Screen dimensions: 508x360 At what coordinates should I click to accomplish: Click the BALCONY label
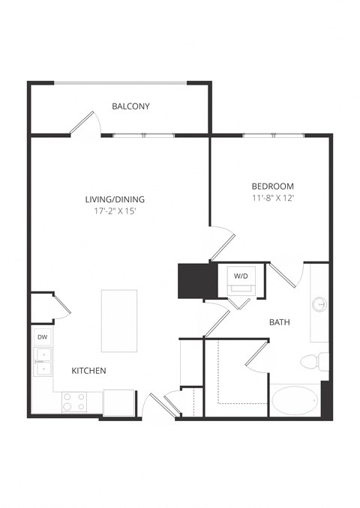pos(130,106)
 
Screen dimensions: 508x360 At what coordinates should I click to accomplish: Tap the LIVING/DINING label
pos(114,199)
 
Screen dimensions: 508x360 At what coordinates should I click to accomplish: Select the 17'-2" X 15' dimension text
pos(114,211)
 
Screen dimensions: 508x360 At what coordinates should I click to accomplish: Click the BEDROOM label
pos(272,186)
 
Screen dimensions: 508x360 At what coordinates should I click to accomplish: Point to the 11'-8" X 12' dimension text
pos(272,198)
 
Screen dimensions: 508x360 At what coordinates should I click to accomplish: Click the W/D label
pos(241,276)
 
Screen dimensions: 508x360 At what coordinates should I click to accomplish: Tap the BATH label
pos(280,323)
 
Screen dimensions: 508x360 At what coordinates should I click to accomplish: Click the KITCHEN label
pos(88,371)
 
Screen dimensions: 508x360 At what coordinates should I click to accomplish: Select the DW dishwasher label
pos(43,338)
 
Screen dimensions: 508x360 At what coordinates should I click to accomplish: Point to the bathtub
pos(295,400)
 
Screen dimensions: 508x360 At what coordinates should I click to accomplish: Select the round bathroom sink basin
pos(319,305)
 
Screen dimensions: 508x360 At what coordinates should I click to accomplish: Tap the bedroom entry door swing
pos(223,243)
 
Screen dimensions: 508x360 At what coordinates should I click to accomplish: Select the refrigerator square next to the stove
pos(118,402)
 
